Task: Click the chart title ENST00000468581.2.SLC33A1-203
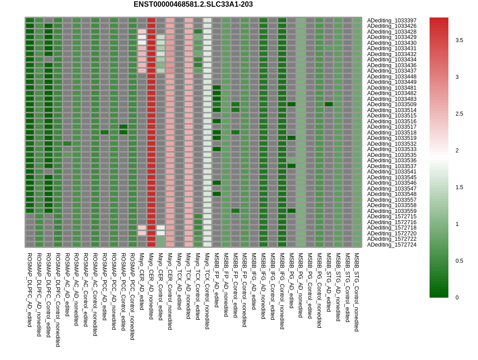(x=193, y=4)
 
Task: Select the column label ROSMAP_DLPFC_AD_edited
(x=30, y=290)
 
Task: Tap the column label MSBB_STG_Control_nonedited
(x=357, y=292)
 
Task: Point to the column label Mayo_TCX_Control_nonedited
(x=207, y=291)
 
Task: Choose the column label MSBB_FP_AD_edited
(x=217, y=280)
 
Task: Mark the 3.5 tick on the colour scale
(x=459, y=40)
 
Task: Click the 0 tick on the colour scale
(x=457, y=298)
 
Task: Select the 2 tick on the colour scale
(x=457, y=151)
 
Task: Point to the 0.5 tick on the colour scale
(x=459, y=261)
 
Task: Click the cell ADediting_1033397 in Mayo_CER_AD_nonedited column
(x=151, y=20)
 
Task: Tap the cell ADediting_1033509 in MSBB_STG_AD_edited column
(x=329, y=104)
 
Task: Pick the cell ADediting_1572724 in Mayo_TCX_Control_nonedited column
(x=207, y=244)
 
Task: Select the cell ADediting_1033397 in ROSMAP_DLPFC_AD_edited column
(x=30, y=20)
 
